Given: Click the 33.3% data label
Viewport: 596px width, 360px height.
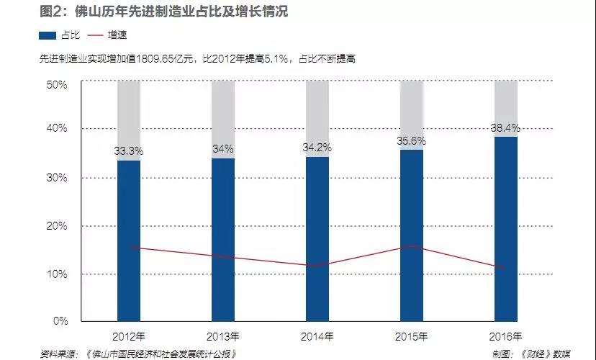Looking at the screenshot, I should tap(129, 151).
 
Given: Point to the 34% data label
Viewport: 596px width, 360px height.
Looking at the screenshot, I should tap(223, 149).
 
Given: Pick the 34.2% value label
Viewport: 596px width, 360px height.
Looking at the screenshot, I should tap(317, 148).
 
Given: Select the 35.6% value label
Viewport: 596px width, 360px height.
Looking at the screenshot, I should tap(412, 141).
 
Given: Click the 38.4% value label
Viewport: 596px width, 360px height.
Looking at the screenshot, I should tap(506, 128).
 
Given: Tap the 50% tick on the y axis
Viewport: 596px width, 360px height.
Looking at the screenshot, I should tap(58, 84).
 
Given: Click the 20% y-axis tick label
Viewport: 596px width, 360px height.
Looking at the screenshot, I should tap(58, 225).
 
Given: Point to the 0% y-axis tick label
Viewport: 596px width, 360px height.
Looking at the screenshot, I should tap(60, 320).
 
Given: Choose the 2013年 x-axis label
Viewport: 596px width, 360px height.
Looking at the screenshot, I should tap(223, 336).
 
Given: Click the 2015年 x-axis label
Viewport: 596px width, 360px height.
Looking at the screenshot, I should tap(412, 336).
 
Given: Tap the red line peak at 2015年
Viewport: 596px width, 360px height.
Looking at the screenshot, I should tap(412, 246).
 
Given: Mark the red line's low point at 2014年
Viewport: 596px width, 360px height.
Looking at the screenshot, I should tap(317, 266).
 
